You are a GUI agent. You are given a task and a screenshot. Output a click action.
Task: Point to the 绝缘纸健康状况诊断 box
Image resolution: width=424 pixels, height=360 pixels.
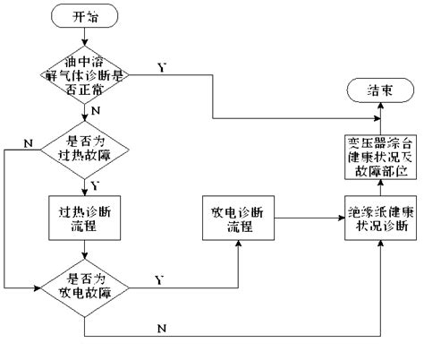(379, 215)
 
